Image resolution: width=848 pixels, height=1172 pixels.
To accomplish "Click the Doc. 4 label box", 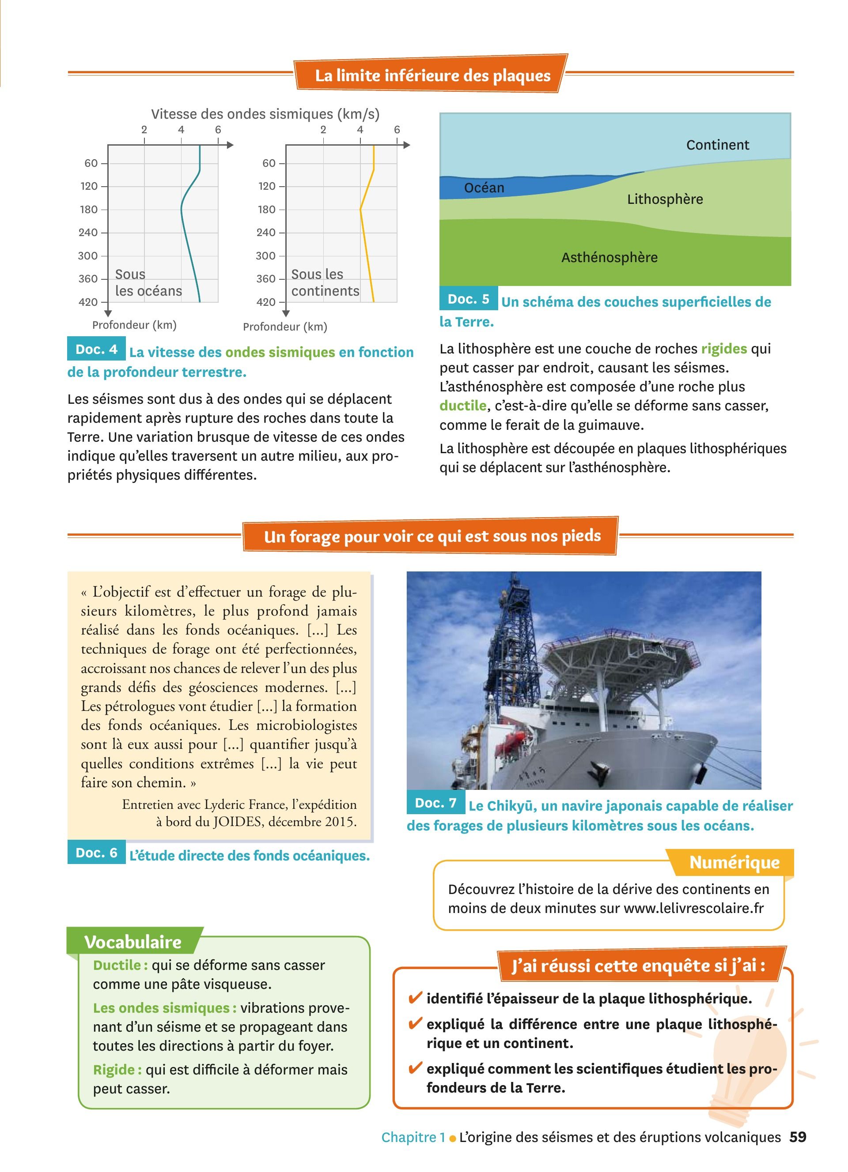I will click(96, 349).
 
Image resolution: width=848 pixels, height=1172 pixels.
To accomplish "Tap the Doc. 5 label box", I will click(469, 299).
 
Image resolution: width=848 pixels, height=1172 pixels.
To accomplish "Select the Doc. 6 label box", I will click(96, 853).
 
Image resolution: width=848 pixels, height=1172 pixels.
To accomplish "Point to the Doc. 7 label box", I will click(436, 803).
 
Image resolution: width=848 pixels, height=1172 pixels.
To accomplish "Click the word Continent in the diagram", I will click(717, 145).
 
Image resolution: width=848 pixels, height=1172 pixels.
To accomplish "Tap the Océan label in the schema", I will click(484, 188).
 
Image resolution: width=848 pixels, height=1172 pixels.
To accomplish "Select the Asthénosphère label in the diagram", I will click(609, 257).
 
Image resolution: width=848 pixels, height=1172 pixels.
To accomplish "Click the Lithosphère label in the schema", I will click(664, 199).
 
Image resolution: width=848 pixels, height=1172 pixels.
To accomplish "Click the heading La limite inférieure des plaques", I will click(432, 75).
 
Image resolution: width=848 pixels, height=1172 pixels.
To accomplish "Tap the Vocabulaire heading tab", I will click(133, 942).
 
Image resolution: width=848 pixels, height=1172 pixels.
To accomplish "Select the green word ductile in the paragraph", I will click(463, 406).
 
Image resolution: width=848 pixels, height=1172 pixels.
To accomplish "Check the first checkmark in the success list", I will click(415, 998).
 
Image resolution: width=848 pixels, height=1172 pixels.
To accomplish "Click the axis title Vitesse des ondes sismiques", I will click(265, 114).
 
